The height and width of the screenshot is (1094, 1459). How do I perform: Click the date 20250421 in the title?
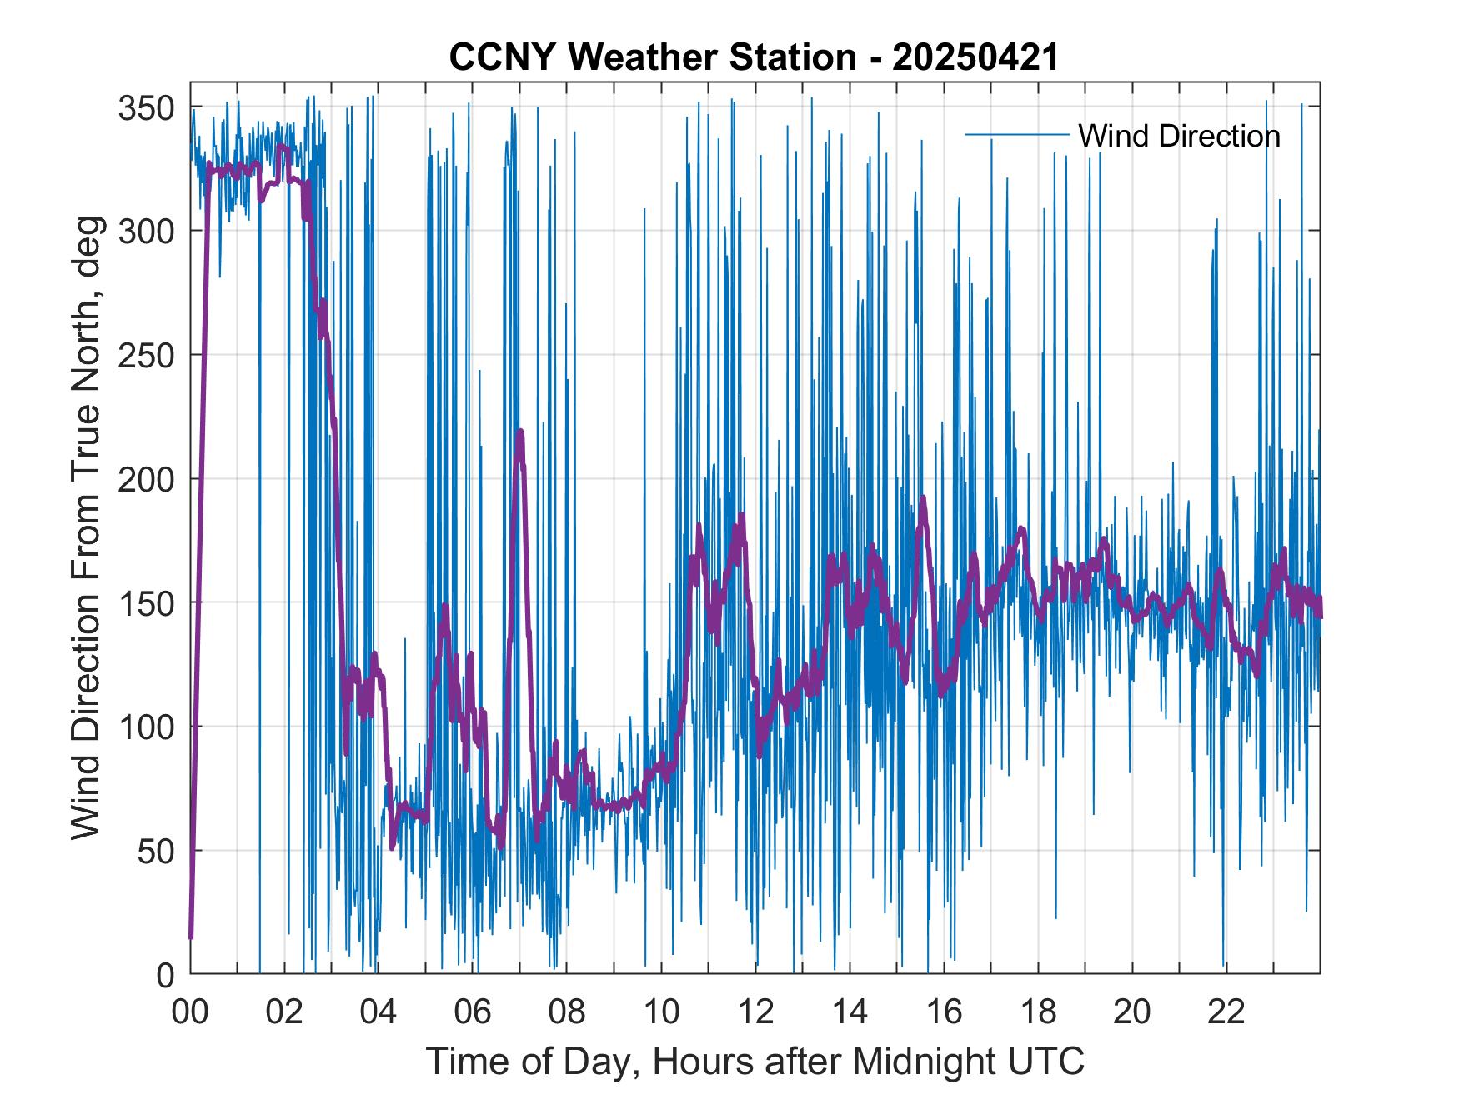tap(975, 58)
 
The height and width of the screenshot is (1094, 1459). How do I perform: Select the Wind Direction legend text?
tap(1179, 135)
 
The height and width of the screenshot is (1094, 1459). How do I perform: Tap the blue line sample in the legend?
tap(1016, 135)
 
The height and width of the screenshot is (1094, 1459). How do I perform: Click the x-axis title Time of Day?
tap(755, 1061)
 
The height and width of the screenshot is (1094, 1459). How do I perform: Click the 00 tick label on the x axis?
tap(190, 1012)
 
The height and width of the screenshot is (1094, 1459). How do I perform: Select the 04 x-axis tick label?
tap(379, 1012)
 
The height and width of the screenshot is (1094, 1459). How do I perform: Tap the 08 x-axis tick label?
tap(567, 1012)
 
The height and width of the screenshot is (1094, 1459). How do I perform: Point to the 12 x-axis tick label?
tap(755, 1012)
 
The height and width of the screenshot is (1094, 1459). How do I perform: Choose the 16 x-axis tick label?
tap(944, 1012)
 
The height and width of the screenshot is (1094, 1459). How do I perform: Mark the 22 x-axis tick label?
tap(1226, 1012)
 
